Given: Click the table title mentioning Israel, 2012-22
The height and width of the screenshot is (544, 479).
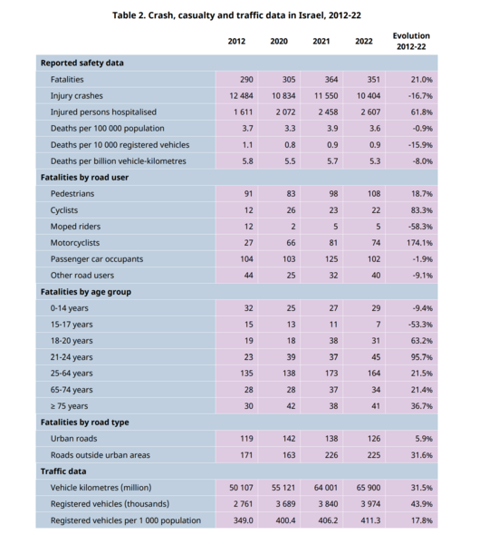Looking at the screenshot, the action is coord(236,15).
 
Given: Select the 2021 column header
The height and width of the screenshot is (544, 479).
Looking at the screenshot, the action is coord(321,42).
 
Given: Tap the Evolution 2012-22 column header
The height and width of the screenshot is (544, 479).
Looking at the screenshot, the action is coord(411,41).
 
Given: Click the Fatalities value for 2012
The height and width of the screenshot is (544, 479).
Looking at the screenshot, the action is coord(246,80).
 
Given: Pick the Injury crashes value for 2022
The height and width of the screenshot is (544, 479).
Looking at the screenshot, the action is coord(369,96).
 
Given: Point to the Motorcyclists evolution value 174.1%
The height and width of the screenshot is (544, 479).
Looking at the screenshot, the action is coord(419,243).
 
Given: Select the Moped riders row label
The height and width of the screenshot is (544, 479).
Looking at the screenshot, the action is coord(75,227).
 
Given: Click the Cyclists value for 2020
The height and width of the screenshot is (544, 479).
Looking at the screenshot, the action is coord(292,210).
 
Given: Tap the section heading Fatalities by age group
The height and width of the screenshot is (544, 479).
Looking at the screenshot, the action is coord(86,292).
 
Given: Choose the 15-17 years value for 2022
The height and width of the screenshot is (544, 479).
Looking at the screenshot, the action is coord(378,325).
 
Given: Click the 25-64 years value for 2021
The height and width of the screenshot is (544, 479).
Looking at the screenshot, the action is coord(331,374).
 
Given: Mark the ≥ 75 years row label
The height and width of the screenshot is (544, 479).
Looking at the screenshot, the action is coord(70,406).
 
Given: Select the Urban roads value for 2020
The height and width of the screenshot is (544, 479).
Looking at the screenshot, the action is coord(289,439).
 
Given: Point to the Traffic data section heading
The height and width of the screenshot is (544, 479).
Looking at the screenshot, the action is coord(63,471).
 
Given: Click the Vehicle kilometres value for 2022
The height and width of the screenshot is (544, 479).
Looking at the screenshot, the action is coord(369,488).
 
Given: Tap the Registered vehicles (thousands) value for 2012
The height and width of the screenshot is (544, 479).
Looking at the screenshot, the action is coord(244,504).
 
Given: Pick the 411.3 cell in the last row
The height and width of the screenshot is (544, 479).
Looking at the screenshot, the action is coord(370,520).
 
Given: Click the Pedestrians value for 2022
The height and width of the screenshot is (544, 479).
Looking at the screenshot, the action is coord(374,194).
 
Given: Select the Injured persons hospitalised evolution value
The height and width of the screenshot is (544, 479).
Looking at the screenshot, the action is coord(422,112).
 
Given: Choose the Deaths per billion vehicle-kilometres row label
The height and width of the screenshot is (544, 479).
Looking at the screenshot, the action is coord(119,161).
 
